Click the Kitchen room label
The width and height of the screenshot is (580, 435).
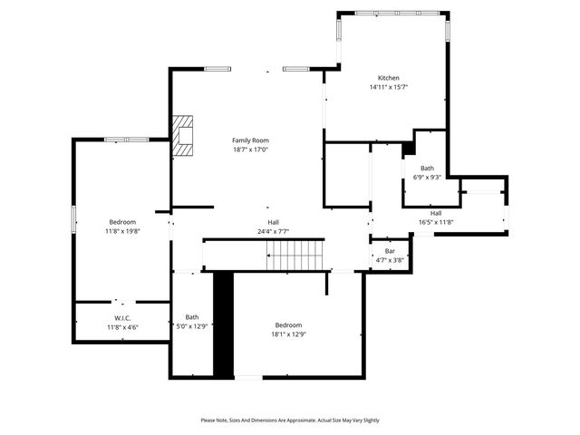388,78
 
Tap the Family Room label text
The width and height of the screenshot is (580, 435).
250,140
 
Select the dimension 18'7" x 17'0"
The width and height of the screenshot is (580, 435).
250,150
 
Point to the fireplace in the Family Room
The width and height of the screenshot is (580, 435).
184,136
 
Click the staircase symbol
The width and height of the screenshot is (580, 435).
295,256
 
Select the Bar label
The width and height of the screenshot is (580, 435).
390,251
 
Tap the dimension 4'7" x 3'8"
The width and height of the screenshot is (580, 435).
390,260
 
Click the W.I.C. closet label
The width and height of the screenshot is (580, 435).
122,317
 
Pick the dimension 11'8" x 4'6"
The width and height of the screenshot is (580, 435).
122,326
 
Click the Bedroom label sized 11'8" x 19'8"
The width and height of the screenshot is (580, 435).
122,222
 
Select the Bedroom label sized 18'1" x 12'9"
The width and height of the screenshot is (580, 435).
289,324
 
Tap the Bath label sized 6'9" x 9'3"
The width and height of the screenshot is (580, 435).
427,169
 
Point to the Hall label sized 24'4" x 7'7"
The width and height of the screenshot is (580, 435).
273,222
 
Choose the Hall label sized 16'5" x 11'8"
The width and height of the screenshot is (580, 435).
436,213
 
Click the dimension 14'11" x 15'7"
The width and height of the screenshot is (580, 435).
388,88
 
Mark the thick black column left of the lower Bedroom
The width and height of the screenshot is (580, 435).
223,324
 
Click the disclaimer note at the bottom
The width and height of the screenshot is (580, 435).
290,420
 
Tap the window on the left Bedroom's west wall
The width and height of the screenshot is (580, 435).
73,219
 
